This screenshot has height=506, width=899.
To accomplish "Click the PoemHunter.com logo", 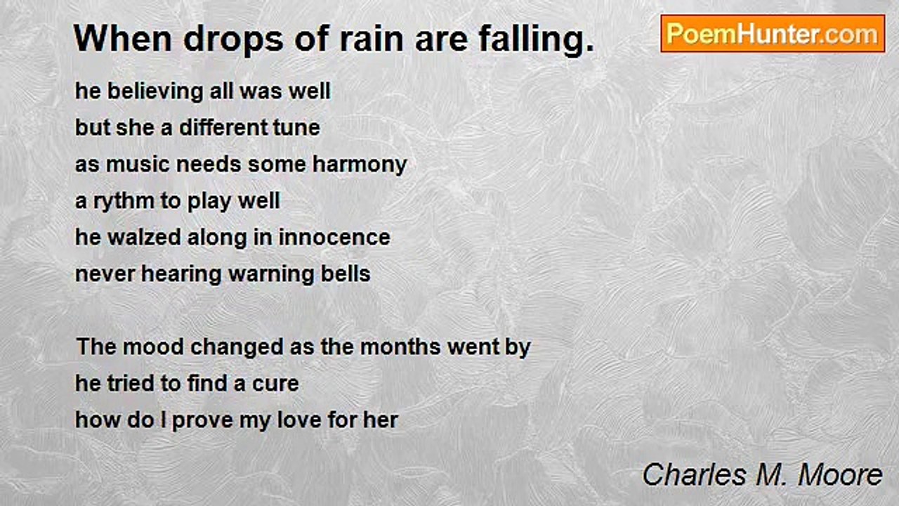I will click(773, 34).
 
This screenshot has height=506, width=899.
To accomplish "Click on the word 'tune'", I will click(298, 128).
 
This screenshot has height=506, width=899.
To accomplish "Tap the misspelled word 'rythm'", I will click(124, 202).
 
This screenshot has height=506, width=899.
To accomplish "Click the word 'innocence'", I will click(334, 238).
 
